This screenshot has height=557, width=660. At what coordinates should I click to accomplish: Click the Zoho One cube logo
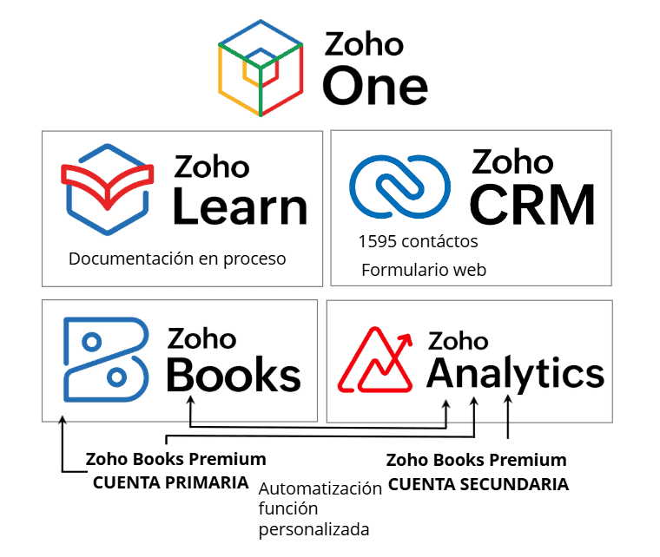(x=261, y=68)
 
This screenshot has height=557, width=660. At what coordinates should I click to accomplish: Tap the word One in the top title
(x=374, y=86)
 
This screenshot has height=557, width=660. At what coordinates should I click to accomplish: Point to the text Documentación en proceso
(x=177, y=259)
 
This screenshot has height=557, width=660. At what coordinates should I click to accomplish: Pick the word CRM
(x=532, y=204)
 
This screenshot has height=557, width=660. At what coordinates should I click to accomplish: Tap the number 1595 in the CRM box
(x=374, y=241)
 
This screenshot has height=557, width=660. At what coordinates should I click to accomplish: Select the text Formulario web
(x=424, y=270)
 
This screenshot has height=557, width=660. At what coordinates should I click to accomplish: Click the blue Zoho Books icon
(x=102, y=358)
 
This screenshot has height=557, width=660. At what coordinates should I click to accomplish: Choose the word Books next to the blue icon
(x=233, y=375)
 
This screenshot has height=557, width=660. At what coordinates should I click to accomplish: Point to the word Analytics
(x=515, y=374)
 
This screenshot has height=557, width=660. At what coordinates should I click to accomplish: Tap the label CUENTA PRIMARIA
(x=171, y=483)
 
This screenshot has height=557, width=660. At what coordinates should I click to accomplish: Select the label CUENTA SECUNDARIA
(x=478, y=484)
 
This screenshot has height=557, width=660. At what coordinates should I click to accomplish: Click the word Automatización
(x=320, y=488)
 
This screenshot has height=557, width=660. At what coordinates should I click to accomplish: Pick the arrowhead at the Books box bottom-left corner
(x=62, y=420)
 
